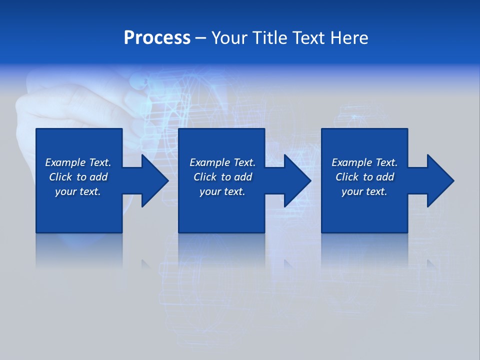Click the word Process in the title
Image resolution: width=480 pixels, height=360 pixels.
(157, 38)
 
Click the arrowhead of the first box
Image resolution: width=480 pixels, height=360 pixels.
(154, 180)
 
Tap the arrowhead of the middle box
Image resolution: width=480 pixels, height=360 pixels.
(297, 180)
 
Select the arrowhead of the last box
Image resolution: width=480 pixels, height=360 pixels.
(440, 180)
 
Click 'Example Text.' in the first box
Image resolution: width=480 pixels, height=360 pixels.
(78, 162)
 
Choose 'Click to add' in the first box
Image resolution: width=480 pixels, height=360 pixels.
(78, 177)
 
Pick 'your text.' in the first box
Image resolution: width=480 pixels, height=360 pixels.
(78, 191)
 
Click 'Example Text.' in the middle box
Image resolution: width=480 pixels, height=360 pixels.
(222, 162)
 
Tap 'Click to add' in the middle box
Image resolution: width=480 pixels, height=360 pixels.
(222, 177)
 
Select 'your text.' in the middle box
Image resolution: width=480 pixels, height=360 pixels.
(222, 191)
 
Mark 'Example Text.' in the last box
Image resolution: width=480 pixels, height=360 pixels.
(364, 162)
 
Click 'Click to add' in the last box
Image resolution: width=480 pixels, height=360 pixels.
(364, 177)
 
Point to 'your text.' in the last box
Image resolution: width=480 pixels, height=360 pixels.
(364, 191)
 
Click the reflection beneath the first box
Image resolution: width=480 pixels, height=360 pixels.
(79, 250)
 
